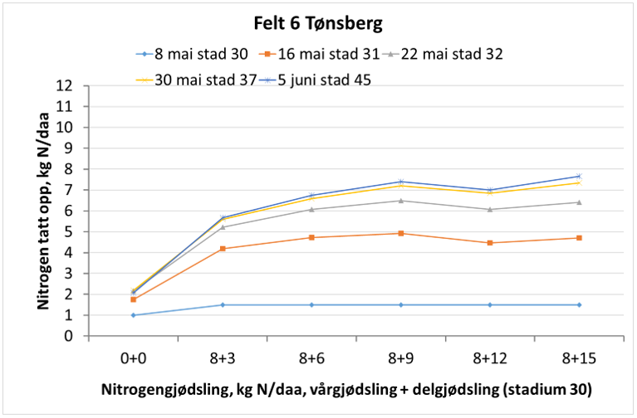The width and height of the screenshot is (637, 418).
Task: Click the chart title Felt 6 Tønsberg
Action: coord(319,23)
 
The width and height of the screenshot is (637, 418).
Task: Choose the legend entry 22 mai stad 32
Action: coord(453,55)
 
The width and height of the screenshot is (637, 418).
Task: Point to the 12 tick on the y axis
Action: coord(74,86)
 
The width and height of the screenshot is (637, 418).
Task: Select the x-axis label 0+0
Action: coord(134,358)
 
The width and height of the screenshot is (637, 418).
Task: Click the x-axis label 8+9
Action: coord(400,358)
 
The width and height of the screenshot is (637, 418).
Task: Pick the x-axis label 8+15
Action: coord(578,358)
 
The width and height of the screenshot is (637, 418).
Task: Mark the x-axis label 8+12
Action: coord(489,358)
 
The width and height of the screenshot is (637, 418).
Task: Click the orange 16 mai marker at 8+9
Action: coord(400,233)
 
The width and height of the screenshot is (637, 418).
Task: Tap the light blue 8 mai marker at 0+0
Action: coord(134,315)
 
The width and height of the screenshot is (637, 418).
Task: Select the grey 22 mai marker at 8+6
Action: coord(311,209)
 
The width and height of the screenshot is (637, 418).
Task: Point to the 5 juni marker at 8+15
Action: coord(578,176)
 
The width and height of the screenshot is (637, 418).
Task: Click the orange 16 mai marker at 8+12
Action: coord(489,243)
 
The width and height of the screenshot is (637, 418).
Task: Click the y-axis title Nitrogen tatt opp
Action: coord(42,211)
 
